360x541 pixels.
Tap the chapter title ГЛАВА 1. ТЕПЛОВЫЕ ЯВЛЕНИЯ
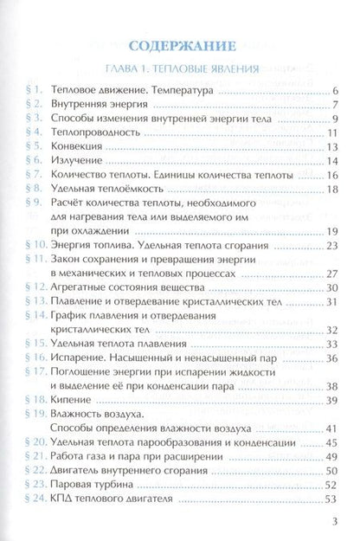[x=180, y=68]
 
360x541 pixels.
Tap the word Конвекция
[x=79, y=146]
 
